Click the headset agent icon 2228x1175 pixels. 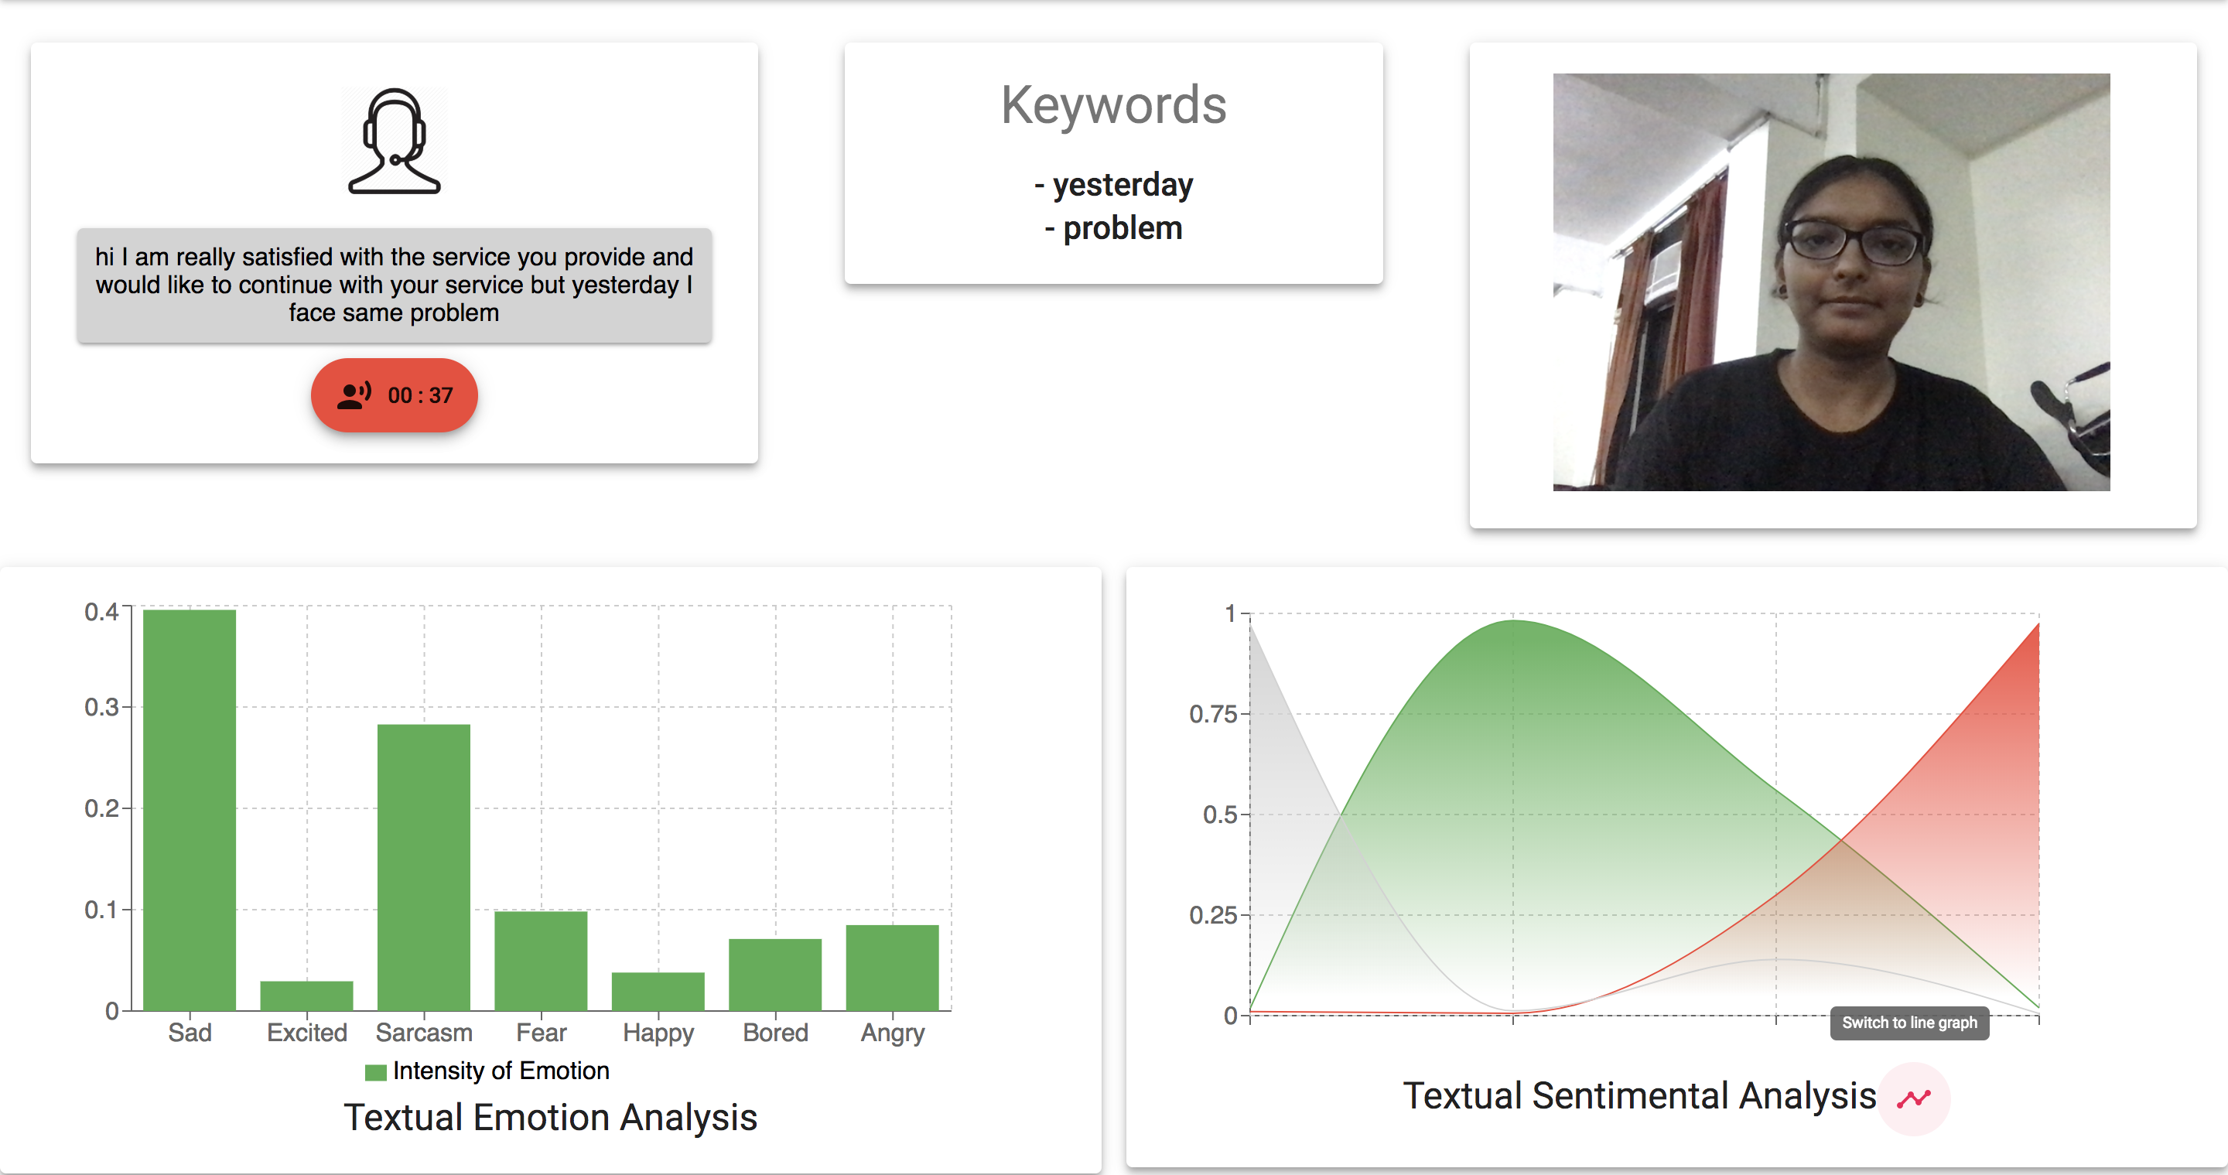[395, 141]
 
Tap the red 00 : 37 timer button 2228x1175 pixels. [395, 395]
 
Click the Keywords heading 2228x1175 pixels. [1113, 105]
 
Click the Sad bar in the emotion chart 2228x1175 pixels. [190, 810]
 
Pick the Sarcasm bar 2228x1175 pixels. [424, 867]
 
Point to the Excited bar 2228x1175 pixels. [307, 996]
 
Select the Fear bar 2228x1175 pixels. [541, 961]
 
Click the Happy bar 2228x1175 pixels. [658, 992]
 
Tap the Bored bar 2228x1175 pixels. [775, 975]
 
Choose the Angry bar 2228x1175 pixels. [893, 968]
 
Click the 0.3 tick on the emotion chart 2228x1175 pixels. [101, 707]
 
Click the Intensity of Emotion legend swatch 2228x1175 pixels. [375, 1072]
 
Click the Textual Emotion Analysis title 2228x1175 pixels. [551, 1117]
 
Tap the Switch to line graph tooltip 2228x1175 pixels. [1910, 1023]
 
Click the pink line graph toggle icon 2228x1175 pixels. [1914, 1099]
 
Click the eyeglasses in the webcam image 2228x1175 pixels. [1854, 242]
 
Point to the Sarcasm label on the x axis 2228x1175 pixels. [424, 1033]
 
